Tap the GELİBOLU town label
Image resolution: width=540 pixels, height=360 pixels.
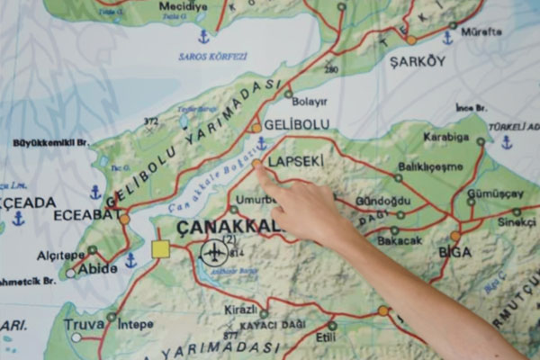296,124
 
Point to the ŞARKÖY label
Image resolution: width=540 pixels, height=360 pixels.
417,61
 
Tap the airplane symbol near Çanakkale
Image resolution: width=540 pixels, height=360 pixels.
214,252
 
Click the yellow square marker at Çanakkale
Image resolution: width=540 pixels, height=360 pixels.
160,249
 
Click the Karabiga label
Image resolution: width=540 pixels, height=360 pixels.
446,138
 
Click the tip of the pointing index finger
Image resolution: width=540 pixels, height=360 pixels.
257,166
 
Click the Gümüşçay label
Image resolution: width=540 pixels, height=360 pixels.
495,193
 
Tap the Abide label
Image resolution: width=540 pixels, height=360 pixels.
96,269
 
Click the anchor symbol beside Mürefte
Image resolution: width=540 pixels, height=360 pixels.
447,38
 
